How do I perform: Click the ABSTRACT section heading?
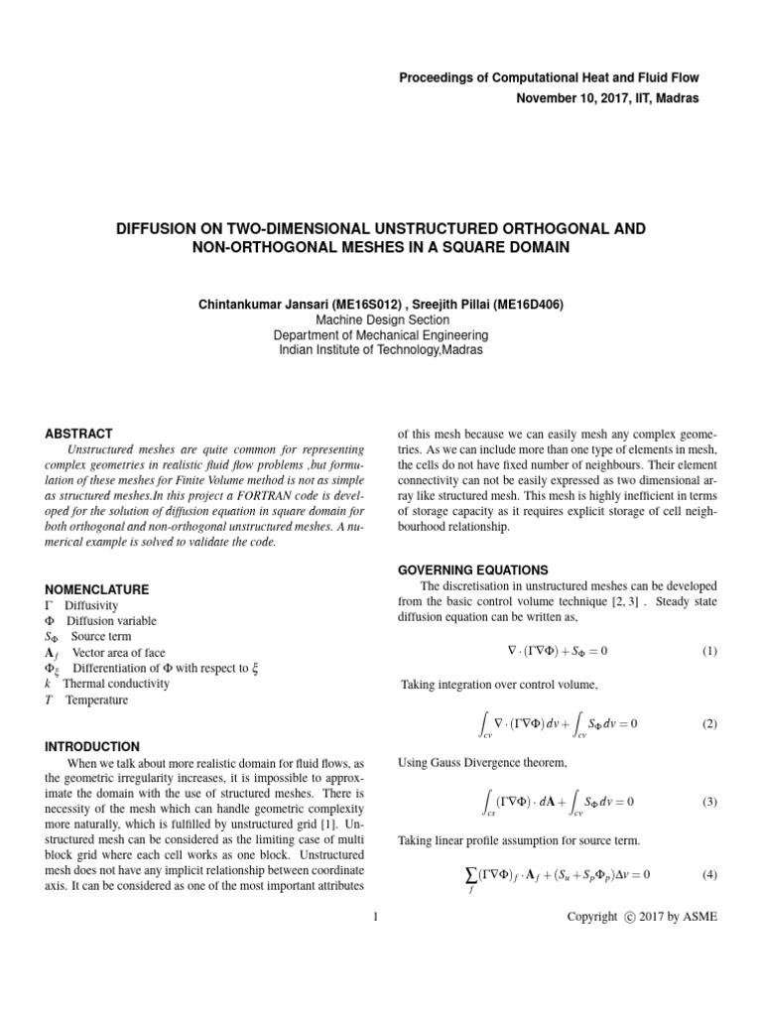pyautogui.click(x=79, y=434)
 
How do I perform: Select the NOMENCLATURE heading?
pyautogui.click(x=97, y=589)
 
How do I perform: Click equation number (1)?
pyautogui.click(x=709, y=651)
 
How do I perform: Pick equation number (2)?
pyautogui.click(x=709, y=724)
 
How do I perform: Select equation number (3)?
pyautogui.click(x=709, y=801)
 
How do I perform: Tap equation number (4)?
pyautogui.click(x=709, y=874)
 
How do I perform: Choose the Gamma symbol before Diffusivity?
pyautogui.click(x=50, y=605)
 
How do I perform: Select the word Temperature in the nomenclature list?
pyautogui.click(x=96, y=699)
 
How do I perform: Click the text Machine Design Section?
pyautogui.click(x=381, y=320)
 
